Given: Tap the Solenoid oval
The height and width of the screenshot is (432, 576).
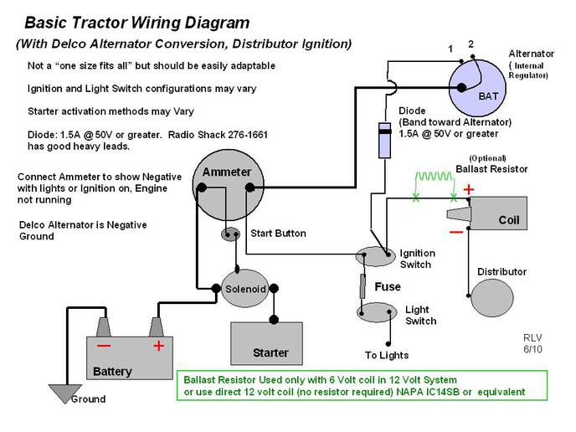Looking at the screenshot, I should pyautogui.click(x=244, y=288).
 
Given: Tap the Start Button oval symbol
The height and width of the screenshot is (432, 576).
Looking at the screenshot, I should pyautogui.click(x=232, y=234).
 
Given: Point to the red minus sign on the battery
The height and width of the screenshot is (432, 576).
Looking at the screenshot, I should pyautogui.click(x=103, y=345).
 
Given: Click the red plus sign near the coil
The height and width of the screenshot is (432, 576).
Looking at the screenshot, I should pyautogui.click(x=469, y=190).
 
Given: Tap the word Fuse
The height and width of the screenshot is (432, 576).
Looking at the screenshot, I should pyautogui.click(x=388, y=286).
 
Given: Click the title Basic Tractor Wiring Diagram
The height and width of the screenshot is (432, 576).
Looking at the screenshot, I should pyautogui.click(x=136, y=23).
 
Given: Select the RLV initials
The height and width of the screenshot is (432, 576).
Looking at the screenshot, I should pyautogui.click(x=532, y=338).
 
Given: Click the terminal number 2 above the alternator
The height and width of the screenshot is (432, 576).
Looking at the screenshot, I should pyautogui.click(x=471, y=44).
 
